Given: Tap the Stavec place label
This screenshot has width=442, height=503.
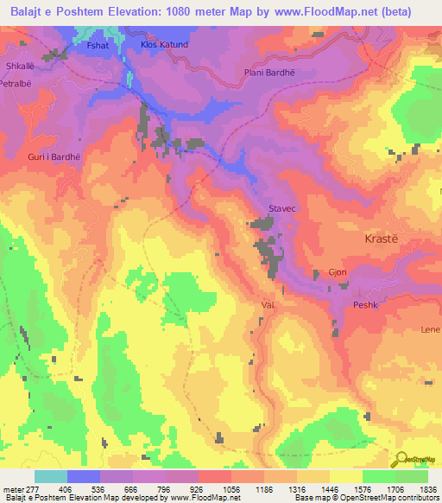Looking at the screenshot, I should click(282, 209).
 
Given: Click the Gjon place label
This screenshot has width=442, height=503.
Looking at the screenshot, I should click(338, 271).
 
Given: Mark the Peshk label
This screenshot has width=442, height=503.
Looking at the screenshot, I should click(366, 305).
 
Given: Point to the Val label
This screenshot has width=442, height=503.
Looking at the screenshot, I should click(267, 305).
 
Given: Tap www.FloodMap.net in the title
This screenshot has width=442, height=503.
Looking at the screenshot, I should click(335, 11).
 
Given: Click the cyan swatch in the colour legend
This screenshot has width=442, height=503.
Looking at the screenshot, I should click(51, 476).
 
